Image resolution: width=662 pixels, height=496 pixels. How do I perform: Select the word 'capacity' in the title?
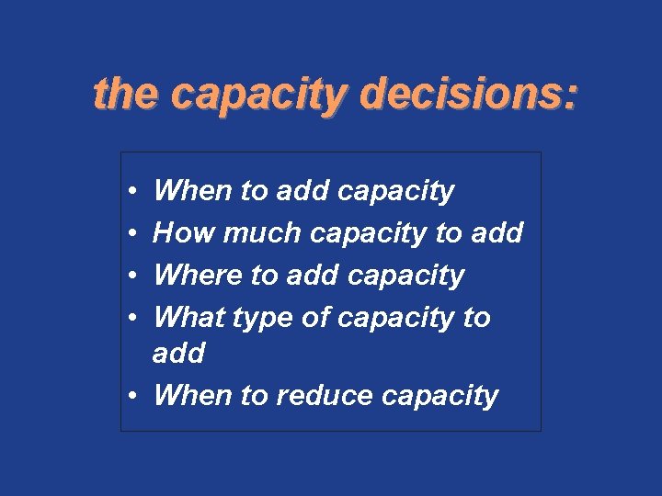[261, 96]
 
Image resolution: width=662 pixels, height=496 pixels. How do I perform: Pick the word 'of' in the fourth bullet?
[318, 317]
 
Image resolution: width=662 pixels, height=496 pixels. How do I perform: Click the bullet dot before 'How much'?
[133, 233]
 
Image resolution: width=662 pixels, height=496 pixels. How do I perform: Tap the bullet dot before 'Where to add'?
[133, 276]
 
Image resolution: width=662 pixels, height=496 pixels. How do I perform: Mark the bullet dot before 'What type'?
[133, 318]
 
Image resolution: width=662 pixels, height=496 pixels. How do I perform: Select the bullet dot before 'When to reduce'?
[133, 396]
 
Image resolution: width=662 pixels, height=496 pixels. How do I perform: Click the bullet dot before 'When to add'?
[133, 191]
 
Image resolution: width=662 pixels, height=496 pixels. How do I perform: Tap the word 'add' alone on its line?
[178, 353]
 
